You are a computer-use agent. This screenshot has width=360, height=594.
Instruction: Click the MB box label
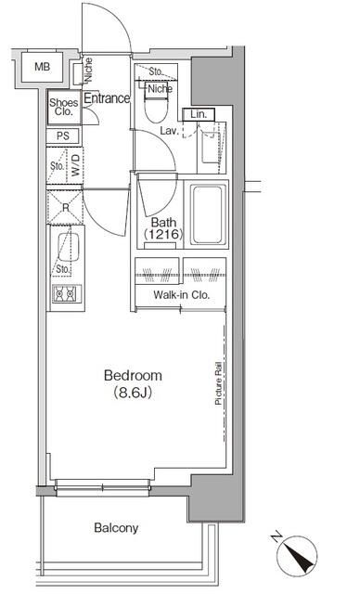pyautogui.click(x=41, y=66)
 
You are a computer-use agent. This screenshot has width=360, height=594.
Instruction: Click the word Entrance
pyautogui.click(x=107, y=98)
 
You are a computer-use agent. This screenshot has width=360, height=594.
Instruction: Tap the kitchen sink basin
pyautogui.click(x=66, y=247)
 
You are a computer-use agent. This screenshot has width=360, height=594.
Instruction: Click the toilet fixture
pyautogui.click(x=159, y=110)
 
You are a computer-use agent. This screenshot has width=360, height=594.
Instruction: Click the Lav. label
pyautogui.click(x=169, y=132)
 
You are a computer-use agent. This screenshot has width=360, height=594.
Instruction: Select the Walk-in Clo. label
pyautogui.click(x=181, y=296)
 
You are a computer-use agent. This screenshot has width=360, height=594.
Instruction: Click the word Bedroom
pyautogui.click(x=133, y=376)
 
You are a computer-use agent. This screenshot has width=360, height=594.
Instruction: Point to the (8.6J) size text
pyautogui.click(x=133, y=393)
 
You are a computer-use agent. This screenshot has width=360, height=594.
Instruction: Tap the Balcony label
pyautogui.click(x=116, y=528)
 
